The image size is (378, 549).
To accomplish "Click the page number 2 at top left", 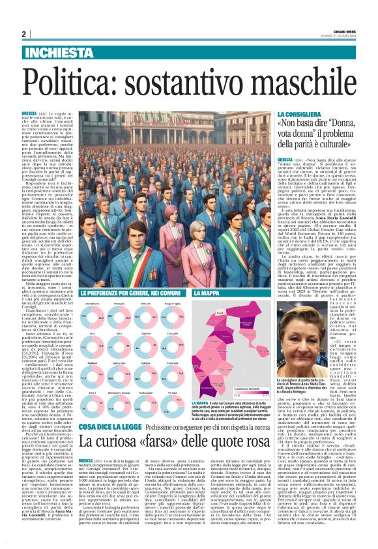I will click(x=23, y=35).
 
